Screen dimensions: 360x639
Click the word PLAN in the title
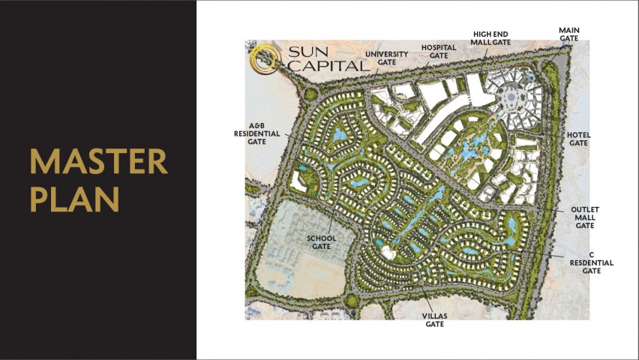click(75, 199)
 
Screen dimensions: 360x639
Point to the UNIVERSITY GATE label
click(386, 58)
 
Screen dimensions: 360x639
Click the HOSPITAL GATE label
click(439, 51)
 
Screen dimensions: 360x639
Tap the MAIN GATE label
click(569, 34)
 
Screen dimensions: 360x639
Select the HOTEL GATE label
click(579, 139)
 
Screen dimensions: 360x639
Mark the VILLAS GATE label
click(434, 320)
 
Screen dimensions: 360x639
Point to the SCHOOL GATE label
click(320, 241)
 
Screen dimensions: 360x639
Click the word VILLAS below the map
click(434, 316)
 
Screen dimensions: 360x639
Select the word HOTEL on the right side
click(579, 135)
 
